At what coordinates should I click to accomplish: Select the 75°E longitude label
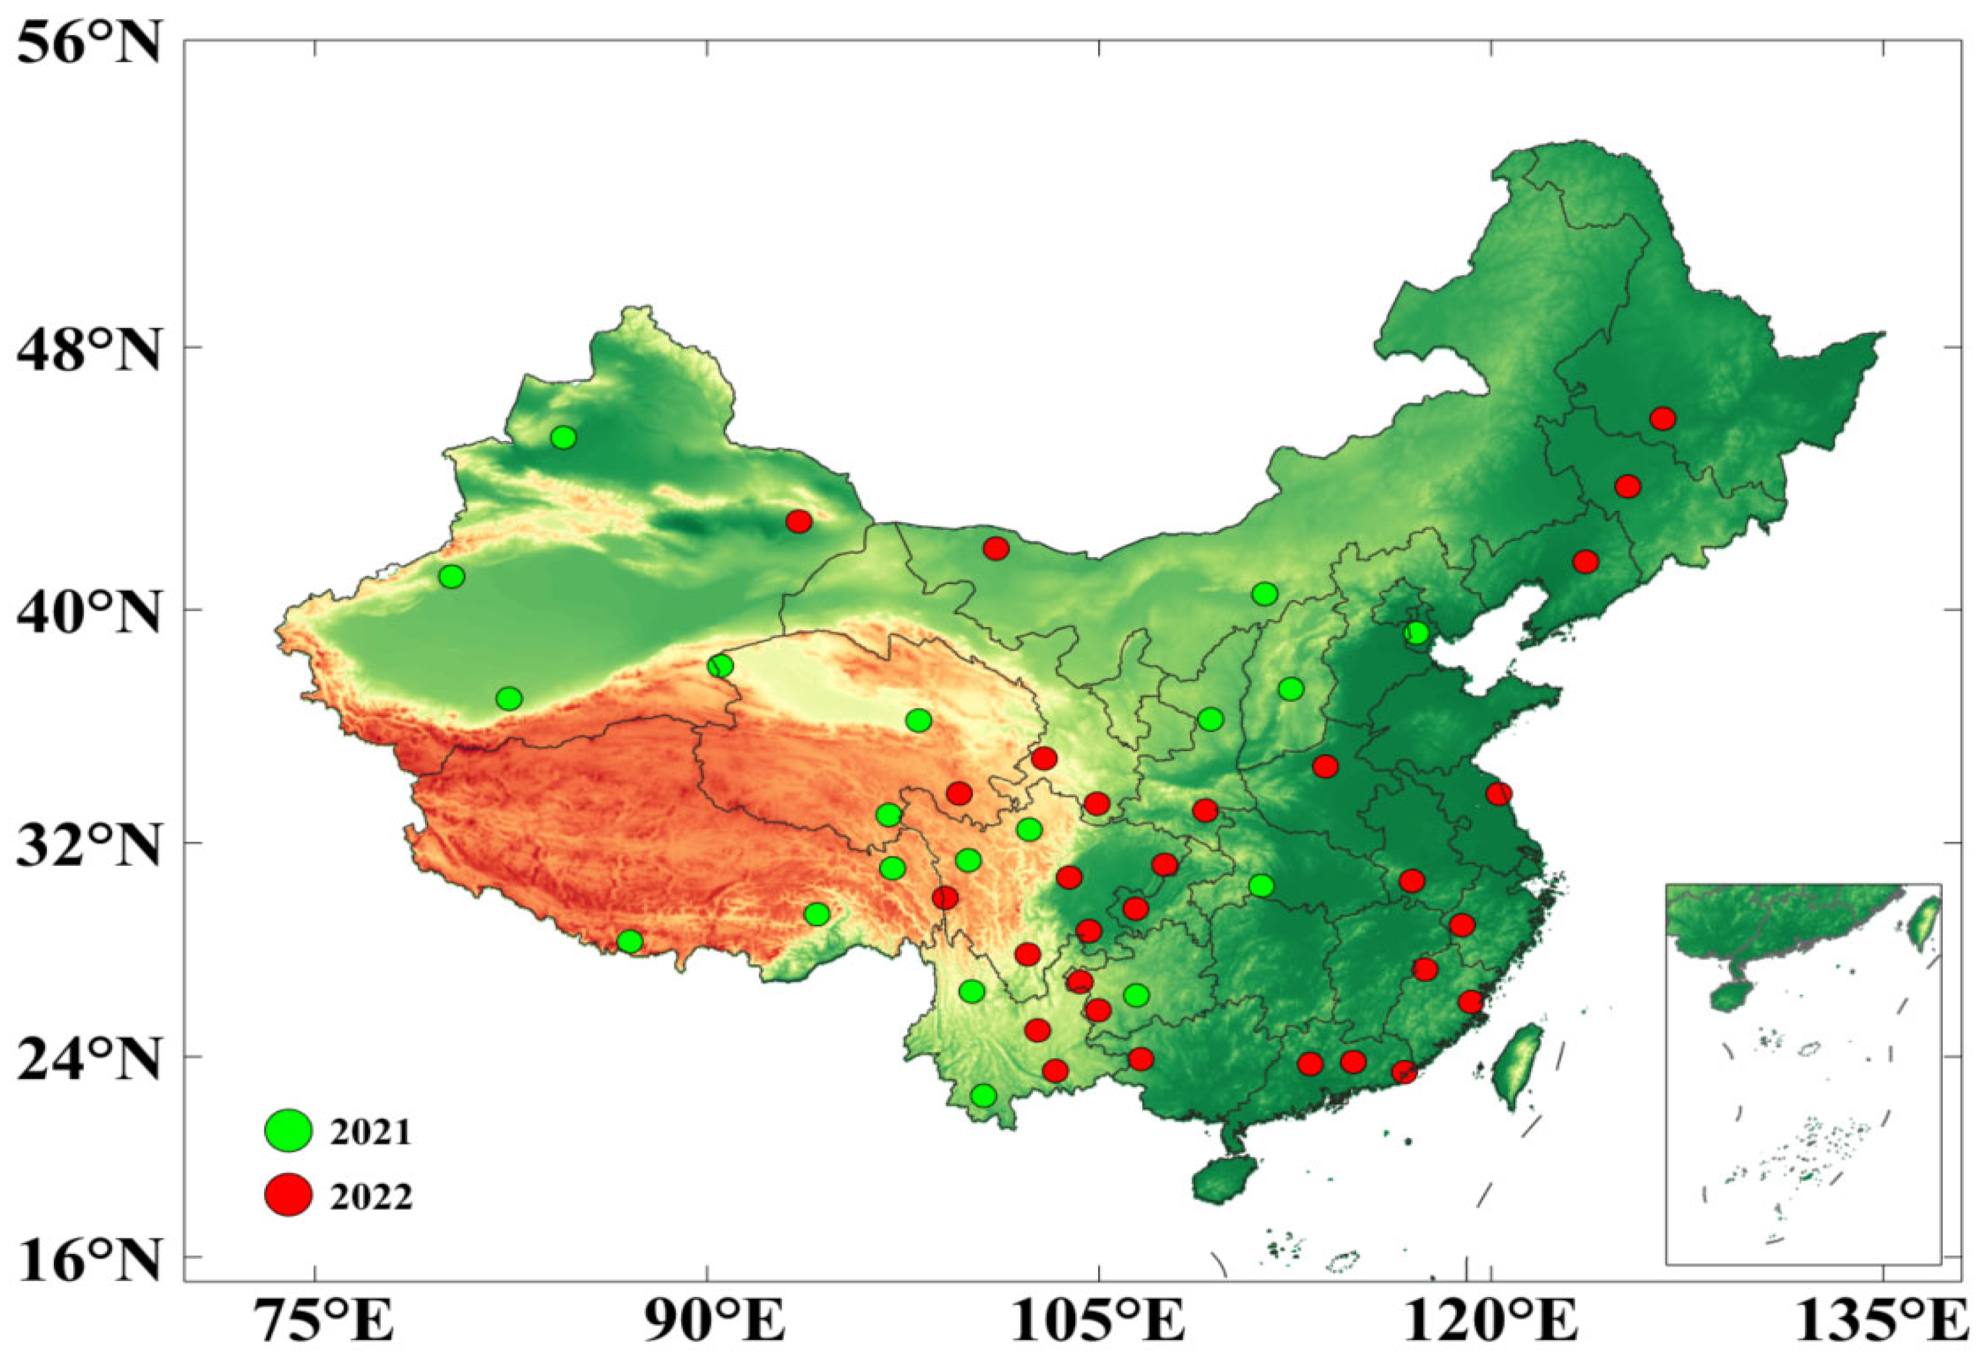click(x=315, y=1323)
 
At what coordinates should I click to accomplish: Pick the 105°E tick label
click(x=1098, y=1323)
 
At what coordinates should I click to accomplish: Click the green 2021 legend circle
click(x=288, y=1131)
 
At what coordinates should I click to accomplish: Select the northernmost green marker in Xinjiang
click(x=563, y=438)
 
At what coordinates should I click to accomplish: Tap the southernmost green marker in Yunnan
click(x=984, y=1095)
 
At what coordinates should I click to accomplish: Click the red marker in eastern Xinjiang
click(x=798, y=521)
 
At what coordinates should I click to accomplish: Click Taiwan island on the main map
click(x=1518, y=1066)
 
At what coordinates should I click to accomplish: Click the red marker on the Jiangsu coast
click(x=1498, y=793)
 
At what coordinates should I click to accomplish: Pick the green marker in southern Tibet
click(x=630, y=941)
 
